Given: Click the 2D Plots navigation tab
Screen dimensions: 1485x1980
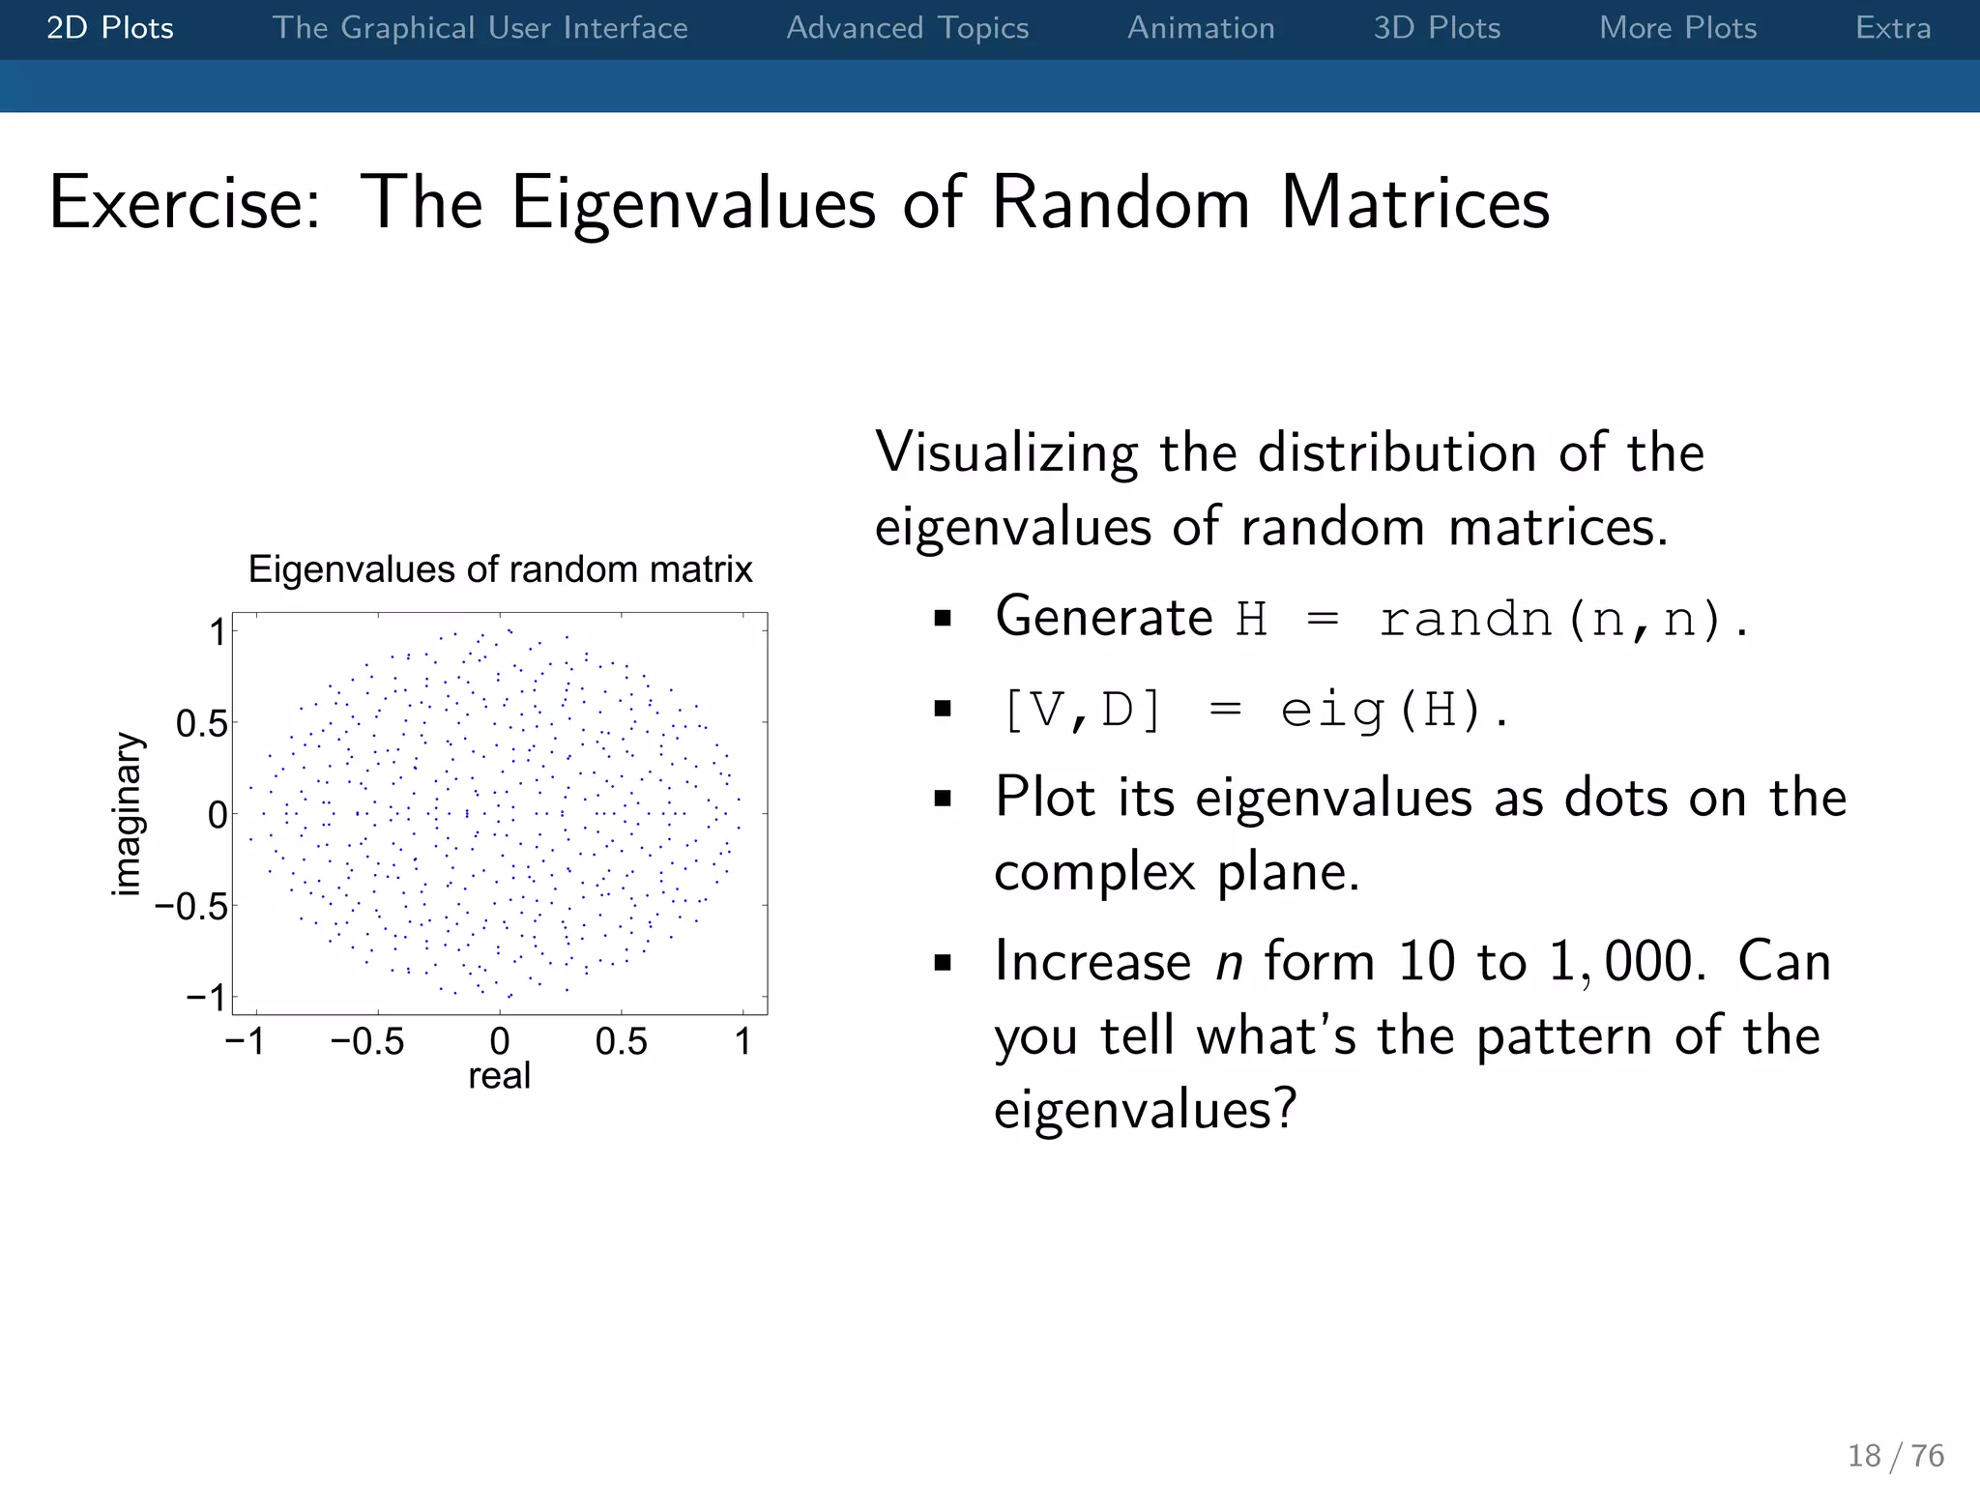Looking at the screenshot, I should [110, 28].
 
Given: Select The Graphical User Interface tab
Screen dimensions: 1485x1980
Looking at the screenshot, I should [480, 28].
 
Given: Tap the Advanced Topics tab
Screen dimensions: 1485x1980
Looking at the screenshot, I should [907, 28].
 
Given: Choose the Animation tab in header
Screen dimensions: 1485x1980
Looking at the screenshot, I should [1201, 28].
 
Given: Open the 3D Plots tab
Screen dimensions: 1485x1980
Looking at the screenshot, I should [1437, 28].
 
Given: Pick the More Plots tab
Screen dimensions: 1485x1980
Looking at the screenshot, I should [1677, 28].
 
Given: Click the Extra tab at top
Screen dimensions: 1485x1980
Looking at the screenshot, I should [1892, 28].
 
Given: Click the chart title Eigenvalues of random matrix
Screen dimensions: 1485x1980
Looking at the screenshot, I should [500, 569].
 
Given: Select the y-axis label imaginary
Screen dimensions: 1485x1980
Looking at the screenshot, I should [127, 814].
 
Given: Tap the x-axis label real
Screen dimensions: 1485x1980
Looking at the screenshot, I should [499, 1076].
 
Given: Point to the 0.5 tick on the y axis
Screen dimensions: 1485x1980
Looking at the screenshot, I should [201, 723].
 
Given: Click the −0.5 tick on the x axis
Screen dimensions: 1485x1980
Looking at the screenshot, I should [367, 1042].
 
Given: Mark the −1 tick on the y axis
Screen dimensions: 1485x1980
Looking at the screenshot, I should [206, 997].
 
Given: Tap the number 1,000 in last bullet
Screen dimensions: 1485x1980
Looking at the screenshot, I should [1626, 962].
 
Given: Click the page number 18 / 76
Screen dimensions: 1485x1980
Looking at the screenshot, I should [1895, 1455].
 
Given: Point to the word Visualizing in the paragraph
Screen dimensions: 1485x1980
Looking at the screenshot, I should [1006, 452].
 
